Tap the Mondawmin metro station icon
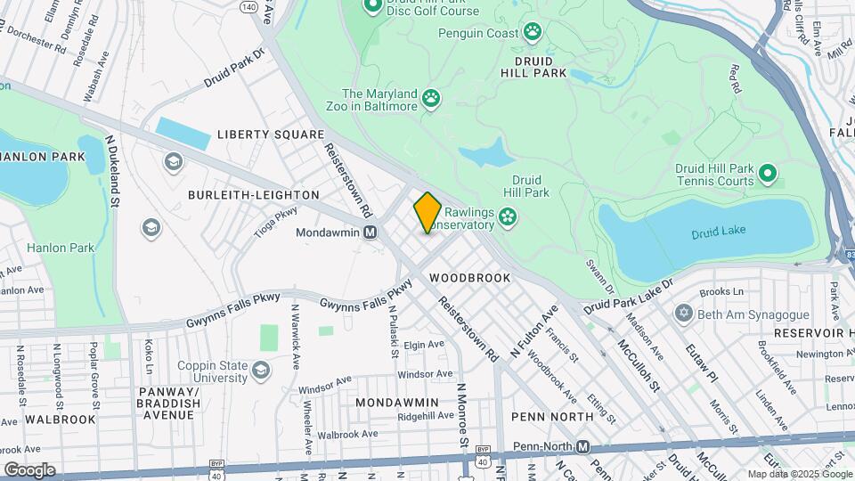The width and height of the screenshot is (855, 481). pos(370,232)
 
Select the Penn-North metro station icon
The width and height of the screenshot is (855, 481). pos(583,446)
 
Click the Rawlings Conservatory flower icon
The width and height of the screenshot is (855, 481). pos(508,216)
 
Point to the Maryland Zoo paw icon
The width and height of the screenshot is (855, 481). pos(432,97)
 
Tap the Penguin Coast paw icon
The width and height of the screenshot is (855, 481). pos(533,33)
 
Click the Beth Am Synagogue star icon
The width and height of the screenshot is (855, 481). pos(683,314)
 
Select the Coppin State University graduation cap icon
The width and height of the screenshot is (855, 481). pos(261,370)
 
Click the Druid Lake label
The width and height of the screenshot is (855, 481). pos(717,234)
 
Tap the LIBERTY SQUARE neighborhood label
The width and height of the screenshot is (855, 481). pos(271,135)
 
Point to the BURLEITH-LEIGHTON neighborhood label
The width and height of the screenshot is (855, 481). pos(254,194)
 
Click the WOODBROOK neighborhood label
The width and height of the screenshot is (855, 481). pos(470,278)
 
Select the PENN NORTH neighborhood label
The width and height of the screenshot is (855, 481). pos(552,416)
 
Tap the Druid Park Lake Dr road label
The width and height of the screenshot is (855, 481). pos(630,296)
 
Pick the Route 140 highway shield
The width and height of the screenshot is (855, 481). pos(249,6)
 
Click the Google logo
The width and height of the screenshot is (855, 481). pos(29,469)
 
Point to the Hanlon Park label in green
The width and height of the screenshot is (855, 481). pos(61,248)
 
